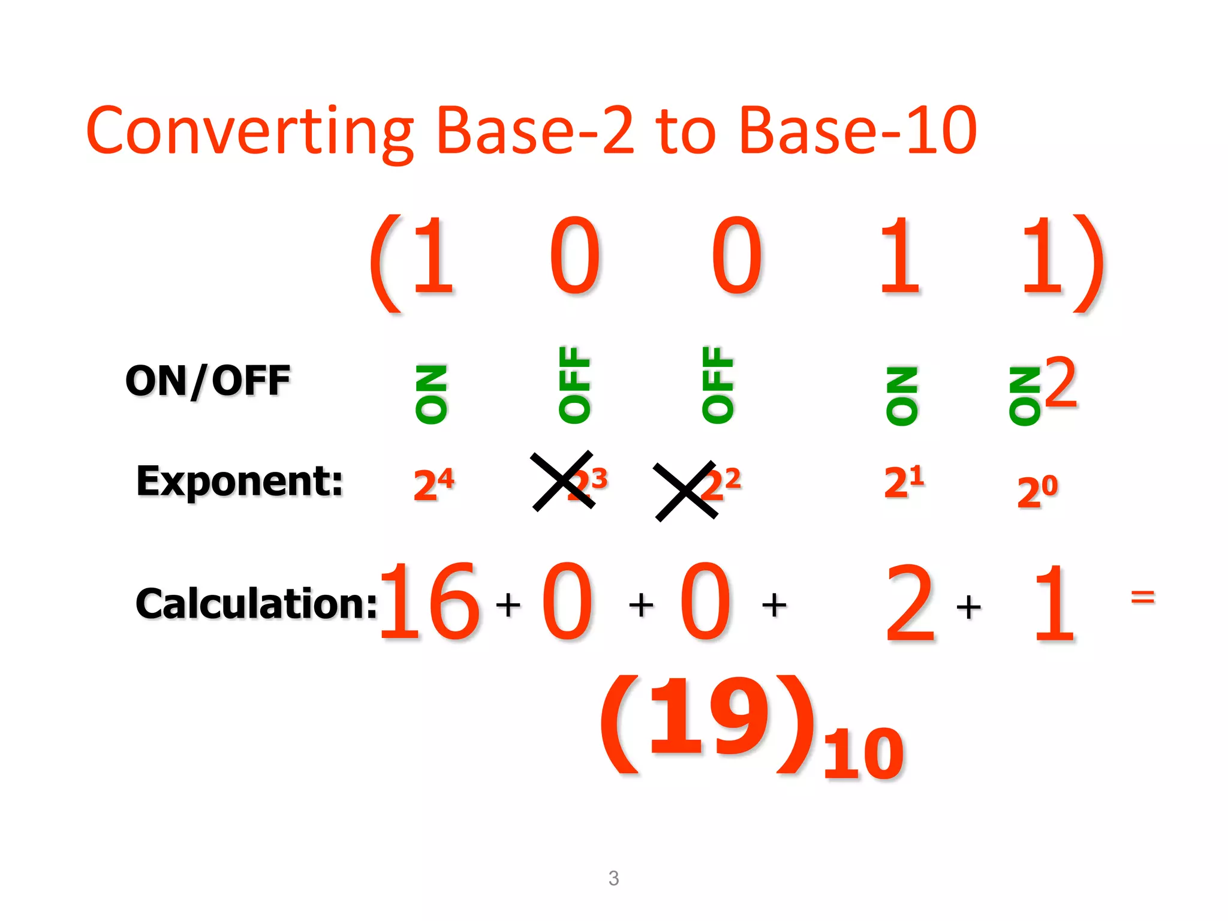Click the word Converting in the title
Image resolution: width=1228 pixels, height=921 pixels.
pos(249,131)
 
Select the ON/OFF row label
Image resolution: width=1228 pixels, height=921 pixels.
pos(207,381)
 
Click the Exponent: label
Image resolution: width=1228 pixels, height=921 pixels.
pos(239,481)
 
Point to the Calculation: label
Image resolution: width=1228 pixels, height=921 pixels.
pos(257,603)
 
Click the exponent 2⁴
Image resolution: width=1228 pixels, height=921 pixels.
pos(434,483)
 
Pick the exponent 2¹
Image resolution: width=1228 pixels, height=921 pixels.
pos(904,481)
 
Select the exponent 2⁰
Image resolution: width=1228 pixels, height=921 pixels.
pos(1037,492)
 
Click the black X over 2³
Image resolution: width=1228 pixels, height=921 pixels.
pos(562,481)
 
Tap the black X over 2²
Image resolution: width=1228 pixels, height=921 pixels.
pos(685,491)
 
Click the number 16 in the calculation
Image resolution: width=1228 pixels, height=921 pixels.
pos(429,601)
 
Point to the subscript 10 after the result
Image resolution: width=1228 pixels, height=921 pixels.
pos(862,754)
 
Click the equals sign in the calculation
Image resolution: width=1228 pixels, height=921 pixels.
pos(1142,597)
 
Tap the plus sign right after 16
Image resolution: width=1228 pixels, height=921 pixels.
pos(508,604)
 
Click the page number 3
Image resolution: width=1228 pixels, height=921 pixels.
pos(613,878)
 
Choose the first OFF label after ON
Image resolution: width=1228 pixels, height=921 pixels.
pos(574,385)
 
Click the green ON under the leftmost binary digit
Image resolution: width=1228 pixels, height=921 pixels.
pos(431,394)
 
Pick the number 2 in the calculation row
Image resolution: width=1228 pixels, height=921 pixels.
pos(910,603)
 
